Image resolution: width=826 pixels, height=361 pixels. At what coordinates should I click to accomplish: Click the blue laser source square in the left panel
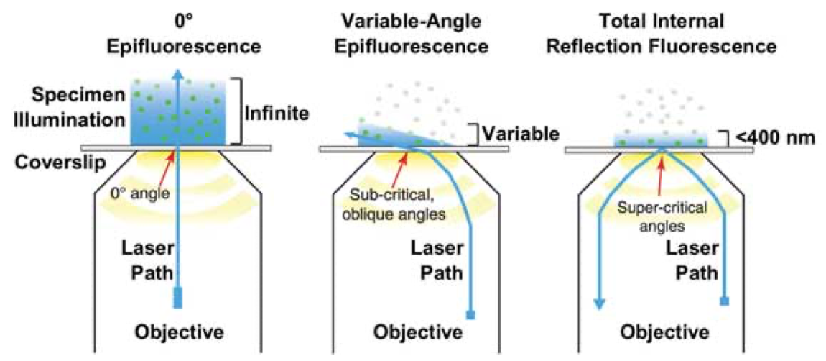tap(177, 298)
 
